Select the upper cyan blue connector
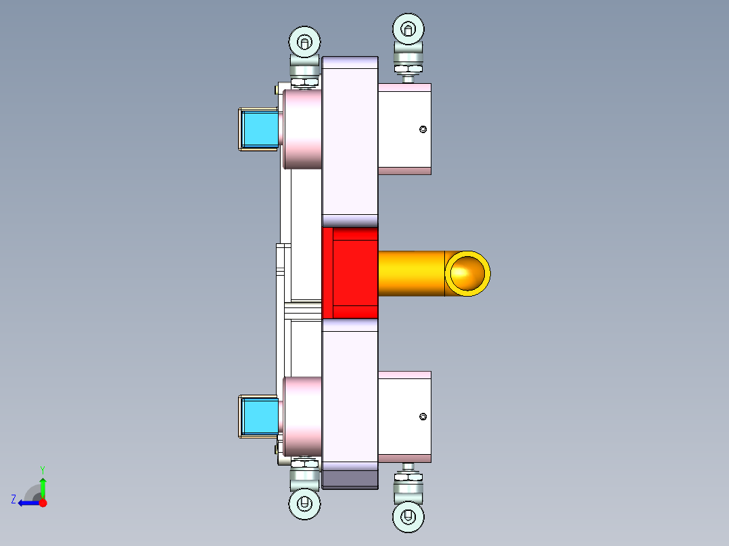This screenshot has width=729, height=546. pos(260,129)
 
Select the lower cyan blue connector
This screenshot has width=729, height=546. pos(260,417)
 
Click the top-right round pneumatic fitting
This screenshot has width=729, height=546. pos(408,29)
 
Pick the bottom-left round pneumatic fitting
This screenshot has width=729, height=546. pos(304,503)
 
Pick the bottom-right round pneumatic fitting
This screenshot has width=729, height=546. pos(408,517)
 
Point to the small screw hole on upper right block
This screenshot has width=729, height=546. pos(423,129)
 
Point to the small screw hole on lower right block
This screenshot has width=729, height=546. pos(423,416)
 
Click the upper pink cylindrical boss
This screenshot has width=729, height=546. pos(302,129)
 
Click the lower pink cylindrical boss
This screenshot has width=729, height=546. pos(302,417)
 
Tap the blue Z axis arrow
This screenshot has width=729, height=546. pos(27,503)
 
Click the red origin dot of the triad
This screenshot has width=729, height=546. pos(43,503)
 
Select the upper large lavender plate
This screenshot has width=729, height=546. pos(350,139)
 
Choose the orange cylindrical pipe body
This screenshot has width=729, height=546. pos(410,273)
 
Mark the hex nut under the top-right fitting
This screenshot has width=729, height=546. pos(408,67)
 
